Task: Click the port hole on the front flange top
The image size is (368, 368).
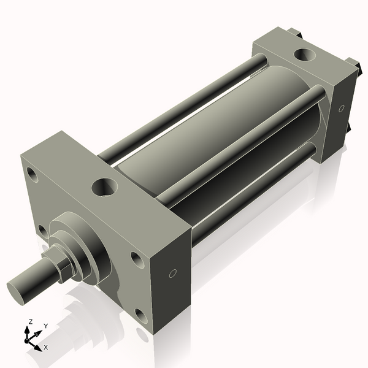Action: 104,186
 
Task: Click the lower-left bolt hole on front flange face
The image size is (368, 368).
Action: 42,229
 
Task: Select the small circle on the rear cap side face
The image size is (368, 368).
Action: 341,109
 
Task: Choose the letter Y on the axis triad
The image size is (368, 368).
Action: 45,326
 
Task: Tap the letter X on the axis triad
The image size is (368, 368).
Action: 46,347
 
